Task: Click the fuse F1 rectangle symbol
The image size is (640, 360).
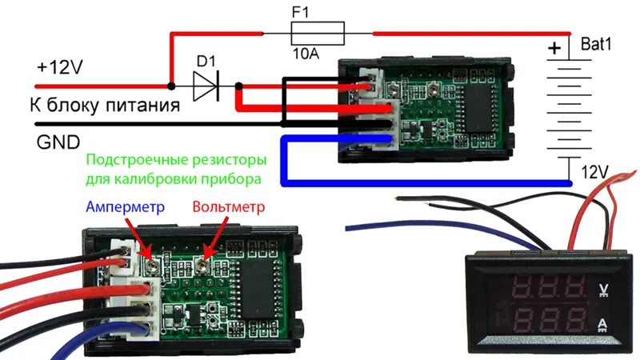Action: tap(318, 34)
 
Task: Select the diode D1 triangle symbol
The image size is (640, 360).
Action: tap(205, 86)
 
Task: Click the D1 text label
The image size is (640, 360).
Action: tap(206, 61)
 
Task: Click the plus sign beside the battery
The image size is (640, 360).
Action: tap(554, 50)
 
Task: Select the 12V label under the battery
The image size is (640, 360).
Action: tap(594, 171)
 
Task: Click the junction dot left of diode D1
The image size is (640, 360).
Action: tap(170, 86)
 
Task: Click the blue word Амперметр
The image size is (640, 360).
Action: tap(124, 206)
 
